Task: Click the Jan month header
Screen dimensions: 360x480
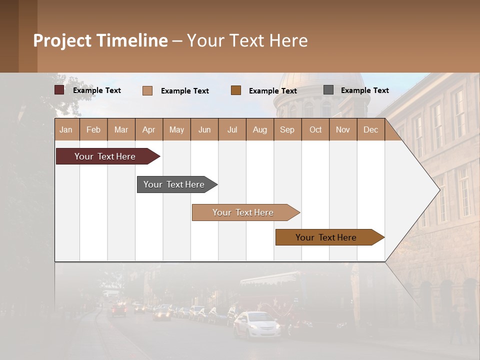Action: coord(66,129)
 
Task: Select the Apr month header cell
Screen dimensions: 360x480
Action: coord(149,129)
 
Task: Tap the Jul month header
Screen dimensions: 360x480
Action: coord(232,129)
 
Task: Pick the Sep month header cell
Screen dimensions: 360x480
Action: coord(287,129)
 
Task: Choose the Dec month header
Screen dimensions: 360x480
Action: coord(370,129)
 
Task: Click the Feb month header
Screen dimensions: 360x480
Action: coord(93,129)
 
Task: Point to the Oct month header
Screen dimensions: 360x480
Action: coord(315,129)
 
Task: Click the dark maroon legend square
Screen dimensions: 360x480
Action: coord(59,90)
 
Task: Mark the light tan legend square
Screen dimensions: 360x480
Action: coord(147,90)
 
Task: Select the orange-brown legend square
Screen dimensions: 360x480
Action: coord(236,90)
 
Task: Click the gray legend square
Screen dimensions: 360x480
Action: coord(328,90)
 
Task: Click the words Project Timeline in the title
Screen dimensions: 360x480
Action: coord(100,40)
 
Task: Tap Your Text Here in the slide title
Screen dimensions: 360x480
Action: coord(247,40)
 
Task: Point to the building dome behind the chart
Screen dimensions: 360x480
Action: coord(322,92)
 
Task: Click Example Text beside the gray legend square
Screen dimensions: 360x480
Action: coord(364,90)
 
